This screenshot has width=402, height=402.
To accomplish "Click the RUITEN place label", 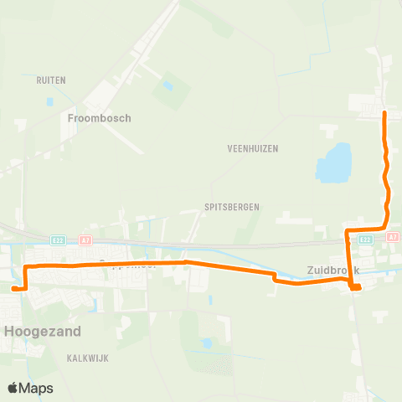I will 51,80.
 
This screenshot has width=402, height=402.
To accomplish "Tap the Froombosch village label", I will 100,118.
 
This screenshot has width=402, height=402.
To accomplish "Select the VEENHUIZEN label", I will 252,148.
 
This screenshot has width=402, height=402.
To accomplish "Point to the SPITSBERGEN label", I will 232,206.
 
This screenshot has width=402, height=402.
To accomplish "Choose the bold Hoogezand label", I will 44,331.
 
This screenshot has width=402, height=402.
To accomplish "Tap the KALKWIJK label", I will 90,357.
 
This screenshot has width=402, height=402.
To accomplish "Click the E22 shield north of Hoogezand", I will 58,240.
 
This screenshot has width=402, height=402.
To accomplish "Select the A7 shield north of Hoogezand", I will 85,240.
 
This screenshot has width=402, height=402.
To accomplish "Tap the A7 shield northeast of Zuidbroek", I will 393,237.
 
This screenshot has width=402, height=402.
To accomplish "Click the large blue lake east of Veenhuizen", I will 333,162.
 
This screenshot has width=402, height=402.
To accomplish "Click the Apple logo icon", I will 13,388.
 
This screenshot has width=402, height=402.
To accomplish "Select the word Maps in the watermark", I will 37,388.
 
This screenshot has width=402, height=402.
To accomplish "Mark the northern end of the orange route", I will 384,112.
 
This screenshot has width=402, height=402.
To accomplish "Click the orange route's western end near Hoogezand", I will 14,288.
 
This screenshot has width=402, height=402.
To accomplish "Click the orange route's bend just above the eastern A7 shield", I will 385,224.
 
